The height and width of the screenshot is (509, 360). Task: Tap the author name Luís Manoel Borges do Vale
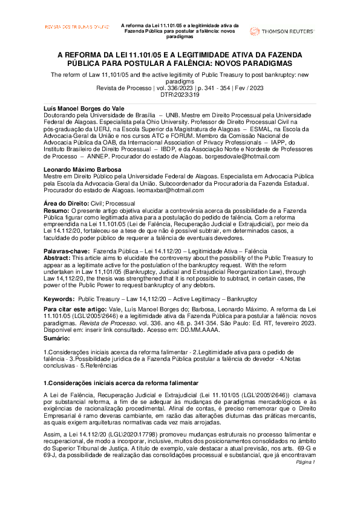tap(85, 108)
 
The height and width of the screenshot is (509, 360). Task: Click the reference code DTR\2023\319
tap(180, 94)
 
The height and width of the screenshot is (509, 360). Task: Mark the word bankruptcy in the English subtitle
tap(270, 74)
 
